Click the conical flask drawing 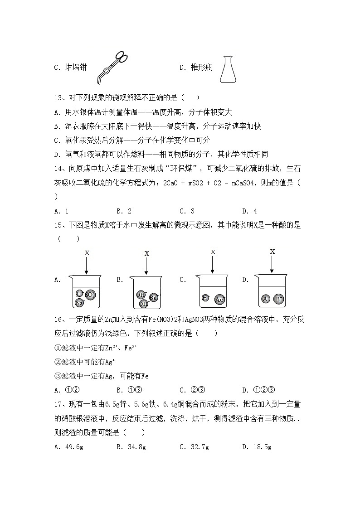coord(229,69)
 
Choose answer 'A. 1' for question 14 coord(61,211)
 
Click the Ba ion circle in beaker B coord(153,297)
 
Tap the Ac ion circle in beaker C coord(220,299)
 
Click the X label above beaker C coord(213,252)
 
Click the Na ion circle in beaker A coord(80,302)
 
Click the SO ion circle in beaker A coord(90,295)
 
